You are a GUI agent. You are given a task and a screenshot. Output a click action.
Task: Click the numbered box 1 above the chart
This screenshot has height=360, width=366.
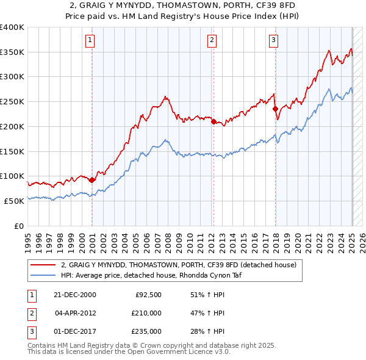tap(90, 41)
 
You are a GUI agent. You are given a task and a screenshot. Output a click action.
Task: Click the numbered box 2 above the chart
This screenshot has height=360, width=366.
tap(212, 41)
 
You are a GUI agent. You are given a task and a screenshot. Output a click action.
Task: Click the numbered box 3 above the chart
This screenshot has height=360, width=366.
tap(274, 41)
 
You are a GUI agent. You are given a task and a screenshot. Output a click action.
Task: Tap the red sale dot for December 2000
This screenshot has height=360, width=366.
tap(92, 180)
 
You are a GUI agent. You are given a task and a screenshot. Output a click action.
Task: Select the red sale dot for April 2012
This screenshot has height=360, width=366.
tap(213, 121)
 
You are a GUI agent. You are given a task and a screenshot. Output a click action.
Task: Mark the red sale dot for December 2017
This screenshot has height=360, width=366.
tap(275, 109)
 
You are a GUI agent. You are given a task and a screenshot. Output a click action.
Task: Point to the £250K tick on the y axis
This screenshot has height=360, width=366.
tap(12, 101)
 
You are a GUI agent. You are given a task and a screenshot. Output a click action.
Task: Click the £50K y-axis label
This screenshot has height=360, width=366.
tap(15, 201)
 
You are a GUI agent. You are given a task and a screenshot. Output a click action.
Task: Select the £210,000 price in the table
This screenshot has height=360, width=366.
tap(146, 313)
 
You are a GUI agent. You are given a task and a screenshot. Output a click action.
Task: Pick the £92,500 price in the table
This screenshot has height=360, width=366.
tap(148, 295)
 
